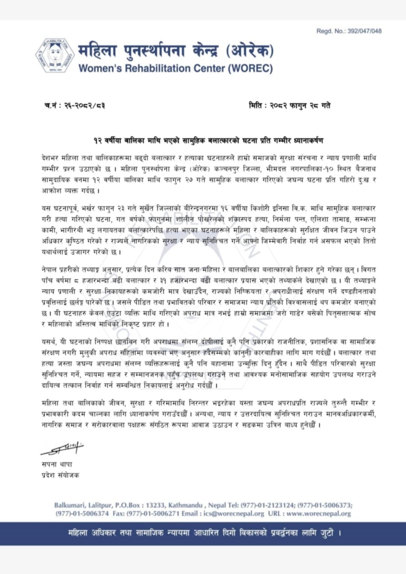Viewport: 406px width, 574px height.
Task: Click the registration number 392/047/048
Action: point(364,31)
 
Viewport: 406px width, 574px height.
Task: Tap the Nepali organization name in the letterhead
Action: point(176,51)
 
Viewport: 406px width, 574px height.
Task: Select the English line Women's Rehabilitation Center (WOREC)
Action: point(176,68)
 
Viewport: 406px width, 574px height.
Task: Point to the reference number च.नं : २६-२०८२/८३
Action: point(74,106)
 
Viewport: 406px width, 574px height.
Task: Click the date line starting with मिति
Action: point(289,106)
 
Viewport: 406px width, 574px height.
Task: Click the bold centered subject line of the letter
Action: point(208,140)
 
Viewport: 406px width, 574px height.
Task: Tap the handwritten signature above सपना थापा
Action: point(62,448)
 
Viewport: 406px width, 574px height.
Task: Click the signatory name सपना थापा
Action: point(57,464)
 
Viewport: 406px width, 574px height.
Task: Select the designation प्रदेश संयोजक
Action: point(60,475)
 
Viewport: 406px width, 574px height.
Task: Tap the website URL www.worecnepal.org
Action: point(318,513)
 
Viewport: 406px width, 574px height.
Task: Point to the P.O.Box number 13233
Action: point(155,505)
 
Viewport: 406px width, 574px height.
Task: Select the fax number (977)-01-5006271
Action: point(153,513)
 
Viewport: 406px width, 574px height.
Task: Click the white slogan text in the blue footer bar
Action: point(205,533)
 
